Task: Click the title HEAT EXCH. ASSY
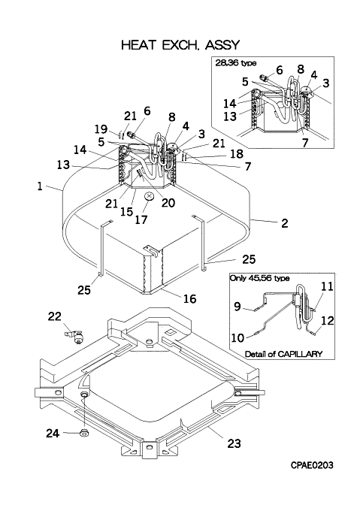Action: (180, 44)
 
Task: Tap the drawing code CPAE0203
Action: (312, 465)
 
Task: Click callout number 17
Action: (141, 219)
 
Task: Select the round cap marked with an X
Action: (150, 197)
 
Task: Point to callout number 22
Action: (54, 316)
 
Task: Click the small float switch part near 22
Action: (76, 337)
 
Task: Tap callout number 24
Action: (53, 433)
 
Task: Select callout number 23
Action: (234, 443)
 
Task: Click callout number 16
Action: (190, 298)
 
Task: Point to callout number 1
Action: (40, 186)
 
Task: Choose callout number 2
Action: (284, 223)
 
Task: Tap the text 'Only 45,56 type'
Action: (259, 278)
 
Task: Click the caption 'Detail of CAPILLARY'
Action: (283, 354)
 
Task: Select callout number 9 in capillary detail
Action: (237, 307)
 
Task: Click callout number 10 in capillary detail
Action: (237, 337)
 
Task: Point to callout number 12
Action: (327, 321)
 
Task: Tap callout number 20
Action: (168, 203)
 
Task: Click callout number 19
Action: (101, 129)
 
